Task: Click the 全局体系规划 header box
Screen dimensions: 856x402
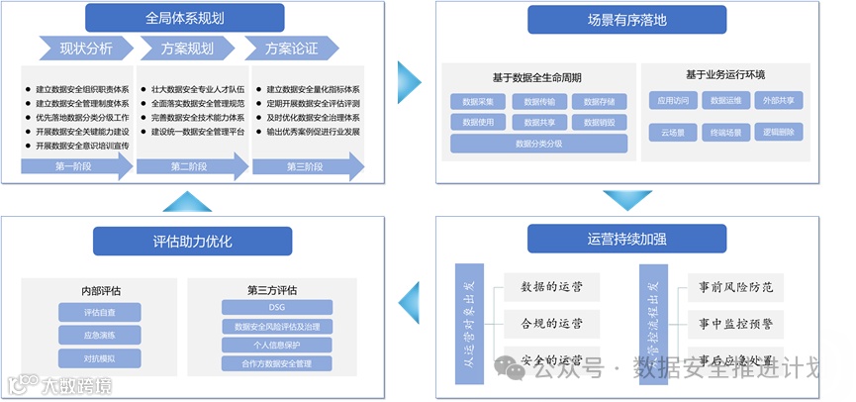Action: click(x=185, y=18)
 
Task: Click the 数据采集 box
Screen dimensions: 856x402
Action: click(x=478, y=101)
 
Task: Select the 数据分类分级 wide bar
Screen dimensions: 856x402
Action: click(x=538, y=144)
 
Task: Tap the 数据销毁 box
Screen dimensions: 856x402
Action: click(x=599, y=123)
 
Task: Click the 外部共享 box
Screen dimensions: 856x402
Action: click(x=779, y=101)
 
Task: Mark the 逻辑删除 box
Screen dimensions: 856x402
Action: click(x=779, y=132)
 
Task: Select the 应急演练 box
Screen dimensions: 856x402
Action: click(x=100, y=335)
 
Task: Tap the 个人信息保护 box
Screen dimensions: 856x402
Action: click(x=277, y=346)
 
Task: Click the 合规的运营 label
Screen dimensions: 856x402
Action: click(x=551, y=324)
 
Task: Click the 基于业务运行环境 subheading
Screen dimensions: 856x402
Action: click(x=725, y=75)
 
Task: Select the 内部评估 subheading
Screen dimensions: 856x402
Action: click(x=101, y=291)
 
